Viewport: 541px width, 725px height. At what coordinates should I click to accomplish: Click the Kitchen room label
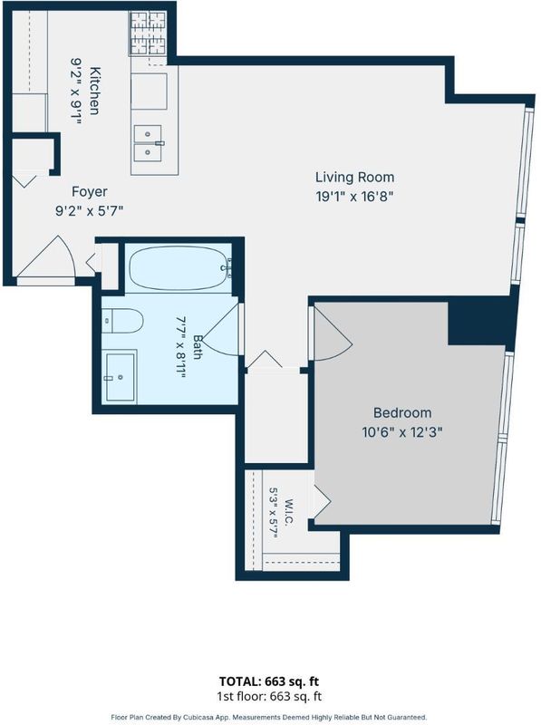[94, 92]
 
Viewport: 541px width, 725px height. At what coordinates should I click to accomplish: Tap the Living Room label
[354, 177]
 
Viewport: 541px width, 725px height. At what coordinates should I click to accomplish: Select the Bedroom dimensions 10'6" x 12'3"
[402, 432]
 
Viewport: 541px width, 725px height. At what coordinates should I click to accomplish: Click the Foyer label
[89, 191]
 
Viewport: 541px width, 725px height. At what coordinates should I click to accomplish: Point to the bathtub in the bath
[179, 268]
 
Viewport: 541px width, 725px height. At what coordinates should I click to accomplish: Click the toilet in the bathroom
[122, 321]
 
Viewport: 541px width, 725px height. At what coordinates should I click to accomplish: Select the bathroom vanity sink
[120, 377]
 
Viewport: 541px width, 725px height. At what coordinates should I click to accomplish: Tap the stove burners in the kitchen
[148, 34]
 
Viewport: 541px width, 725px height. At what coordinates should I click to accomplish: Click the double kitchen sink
[148, 143]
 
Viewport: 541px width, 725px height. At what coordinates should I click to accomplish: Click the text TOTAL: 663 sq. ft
[269, 681]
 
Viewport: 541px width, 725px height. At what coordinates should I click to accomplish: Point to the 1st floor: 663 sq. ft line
[269, 696]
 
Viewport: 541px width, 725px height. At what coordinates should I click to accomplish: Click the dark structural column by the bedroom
[481, 323]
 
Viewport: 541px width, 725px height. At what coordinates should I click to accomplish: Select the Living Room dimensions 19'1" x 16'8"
[354, 197]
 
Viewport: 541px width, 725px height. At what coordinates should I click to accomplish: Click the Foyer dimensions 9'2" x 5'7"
[89, 211]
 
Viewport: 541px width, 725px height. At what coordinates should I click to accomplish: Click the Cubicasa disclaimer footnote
[269, 717]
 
